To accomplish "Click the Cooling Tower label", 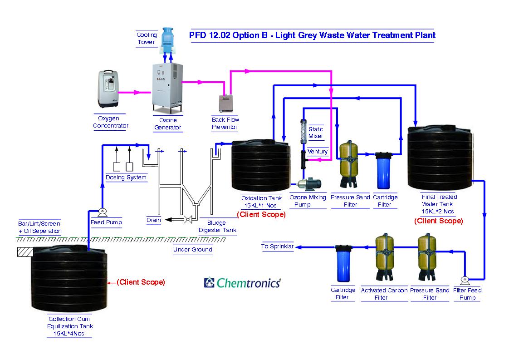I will (147, 39).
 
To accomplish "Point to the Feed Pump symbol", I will (102, 212).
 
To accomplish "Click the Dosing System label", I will (126, 178).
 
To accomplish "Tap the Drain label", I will (154, 220).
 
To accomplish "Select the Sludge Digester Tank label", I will (217, 227).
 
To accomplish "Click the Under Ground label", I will (192, 249).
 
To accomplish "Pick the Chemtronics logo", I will (242, 283).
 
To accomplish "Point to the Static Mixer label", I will (316, 133).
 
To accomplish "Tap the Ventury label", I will (318, 152).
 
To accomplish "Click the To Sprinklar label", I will (277, 247).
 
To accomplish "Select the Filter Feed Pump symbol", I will (464, 280).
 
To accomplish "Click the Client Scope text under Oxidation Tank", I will (261, 214).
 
